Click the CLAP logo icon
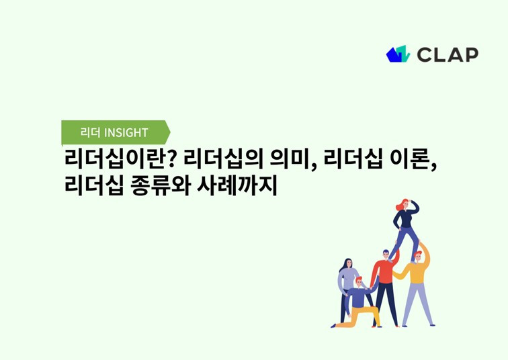[x=398, y=54]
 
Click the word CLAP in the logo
[x=448, y=54]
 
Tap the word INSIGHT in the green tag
[x=126, y=132]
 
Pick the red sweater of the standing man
[x=385, y=273]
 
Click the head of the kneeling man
[x=358, y=281]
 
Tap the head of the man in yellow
[x=417, y=256]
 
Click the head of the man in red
[x=386, y=255]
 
